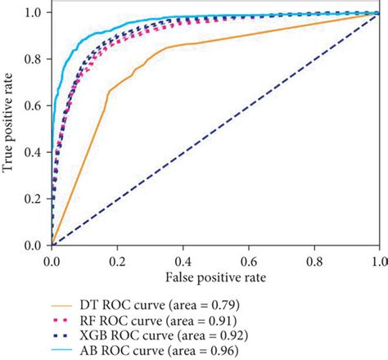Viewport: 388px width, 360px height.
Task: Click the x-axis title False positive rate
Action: (x=214, y=278)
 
